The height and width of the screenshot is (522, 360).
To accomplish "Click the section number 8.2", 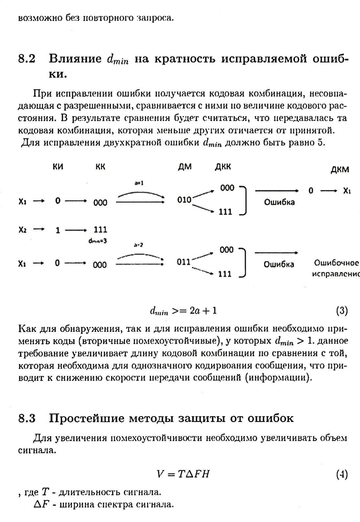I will pos(27,59).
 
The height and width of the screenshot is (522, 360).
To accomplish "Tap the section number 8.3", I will pos(27,418).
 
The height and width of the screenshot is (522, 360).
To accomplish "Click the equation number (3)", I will pos(342,311).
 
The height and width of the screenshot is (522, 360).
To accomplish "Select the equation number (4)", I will pos(342,474).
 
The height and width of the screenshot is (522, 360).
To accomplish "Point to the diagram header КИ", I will pos(58,167).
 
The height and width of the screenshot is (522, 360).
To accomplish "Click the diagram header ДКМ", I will pos(339,170).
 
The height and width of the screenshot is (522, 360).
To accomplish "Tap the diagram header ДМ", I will pos(185,167).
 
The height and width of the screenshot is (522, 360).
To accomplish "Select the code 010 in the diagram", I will pos(184,200).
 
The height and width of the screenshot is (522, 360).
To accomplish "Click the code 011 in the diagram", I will pos(184,262).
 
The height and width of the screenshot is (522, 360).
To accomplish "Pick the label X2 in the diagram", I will pos(22,230).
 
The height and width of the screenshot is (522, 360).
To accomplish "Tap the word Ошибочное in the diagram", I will pos(336,263).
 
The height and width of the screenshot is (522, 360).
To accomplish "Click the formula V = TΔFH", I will pos(183,474).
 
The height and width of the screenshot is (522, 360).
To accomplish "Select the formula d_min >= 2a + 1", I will pos(183,311).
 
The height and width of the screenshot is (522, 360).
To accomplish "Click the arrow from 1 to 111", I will pos(76,230).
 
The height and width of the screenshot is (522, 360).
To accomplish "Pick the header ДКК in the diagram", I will pos(223,167).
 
